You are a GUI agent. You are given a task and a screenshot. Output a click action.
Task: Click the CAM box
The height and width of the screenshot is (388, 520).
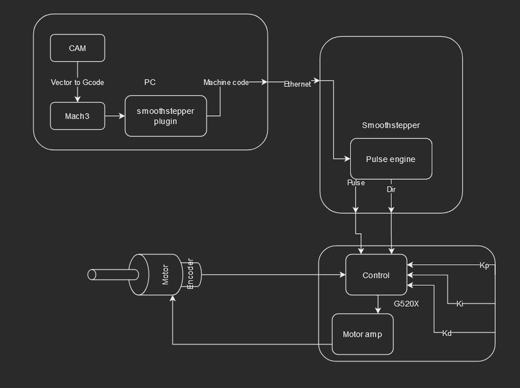[77, 48]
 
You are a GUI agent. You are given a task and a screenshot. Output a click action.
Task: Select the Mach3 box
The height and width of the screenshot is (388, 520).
[77, 115]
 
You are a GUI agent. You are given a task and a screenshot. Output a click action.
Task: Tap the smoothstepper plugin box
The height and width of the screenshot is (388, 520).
[166, 116]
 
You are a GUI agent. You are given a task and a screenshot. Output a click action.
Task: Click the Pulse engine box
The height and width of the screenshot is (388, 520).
[391, 159]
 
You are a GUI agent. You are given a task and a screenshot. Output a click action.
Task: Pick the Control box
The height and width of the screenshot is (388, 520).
[376, 275]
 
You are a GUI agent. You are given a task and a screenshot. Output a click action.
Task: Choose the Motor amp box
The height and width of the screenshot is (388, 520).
[363, 335]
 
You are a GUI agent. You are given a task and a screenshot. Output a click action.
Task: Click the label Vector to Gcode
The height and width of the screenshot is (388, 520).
[77, 83]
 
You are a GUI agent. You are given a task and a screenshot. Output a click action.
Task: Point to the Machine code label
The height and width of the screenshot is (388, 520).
[226, 82]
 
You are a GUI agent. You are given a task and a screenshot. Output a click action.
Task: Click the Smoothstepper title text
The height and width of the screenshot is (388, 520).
[391, 125]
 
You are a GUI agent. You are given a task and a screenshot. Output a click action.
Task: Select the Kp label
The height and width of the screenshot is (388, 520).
[484, 265]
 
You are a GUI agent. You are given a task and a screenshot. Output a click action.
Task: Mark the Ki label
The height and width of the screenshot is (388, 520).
[460, 303]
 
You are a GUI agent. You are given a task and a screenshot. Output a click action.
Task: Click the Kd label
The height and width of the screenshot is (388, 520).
[447, 333]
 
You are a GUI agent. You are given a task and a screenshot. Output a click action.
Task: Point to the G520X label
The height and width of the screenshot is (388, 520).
[406, 303]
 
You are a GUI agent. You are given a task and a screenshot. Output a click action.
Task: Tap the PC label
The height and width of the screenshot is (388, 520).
[149, 83]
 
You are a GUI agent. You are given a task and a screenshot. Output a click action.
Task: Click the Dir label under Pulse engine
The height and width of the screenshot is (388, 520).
[391, 189]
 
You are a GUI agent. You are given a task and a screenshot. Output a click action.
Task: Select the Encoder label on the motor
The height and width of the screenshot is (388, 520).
[190, 275]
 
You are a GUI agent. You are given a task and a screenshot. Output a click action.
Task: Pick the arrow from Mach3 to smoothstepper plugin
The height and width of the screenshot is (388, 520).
[115, 116]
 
